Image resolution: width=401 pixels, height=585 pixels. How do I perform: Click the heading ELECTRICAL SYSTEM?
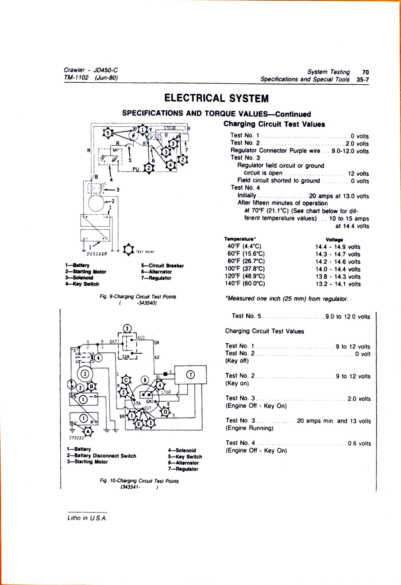[x=216, y=98]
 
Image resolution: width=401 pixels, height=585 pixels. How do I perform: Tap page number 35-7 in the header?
[x=363, y=79]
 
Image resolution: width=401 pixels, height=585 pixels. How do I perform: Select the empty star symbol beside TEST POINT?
[x=128, y=250]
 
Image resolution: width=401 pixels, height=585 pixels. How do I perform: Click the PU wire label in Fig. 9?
[x=136, y=169]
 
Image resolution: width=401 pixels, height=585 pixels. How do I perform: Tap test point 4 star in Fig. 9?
[x=171, y=165]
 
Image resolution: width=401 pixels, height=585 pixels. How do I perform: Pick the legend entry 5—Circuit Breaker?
[x=162, y=266]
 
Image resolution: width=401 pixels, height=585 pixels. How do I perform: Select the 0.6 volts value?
[x=359, y=444]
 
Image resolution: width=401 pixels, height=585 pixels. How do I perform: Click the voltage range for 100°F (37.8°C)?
[x=338, y=269]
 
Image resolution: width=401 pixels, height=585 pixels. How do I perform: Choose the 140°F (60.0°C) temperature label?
[x=244, y=283]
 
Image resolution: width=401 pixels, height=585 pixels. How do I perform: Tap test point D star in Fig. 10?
[x=165, y=412]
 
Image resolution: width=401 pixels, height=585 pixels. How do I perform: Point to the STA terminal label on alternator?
[x=137, y=403]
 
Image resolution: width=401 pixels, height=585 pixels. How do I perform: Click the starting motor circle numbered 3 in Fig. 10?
[x=85, y=374]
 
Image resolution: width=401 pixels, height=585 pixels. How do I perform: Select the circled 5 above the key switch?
[x=127, y=328]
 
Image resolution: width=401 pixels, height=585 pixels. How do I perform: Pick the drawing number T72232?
[x=76, y=438]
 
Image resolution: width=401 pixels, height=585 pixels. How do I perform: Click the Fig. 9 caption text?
[x=138, y=297]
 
